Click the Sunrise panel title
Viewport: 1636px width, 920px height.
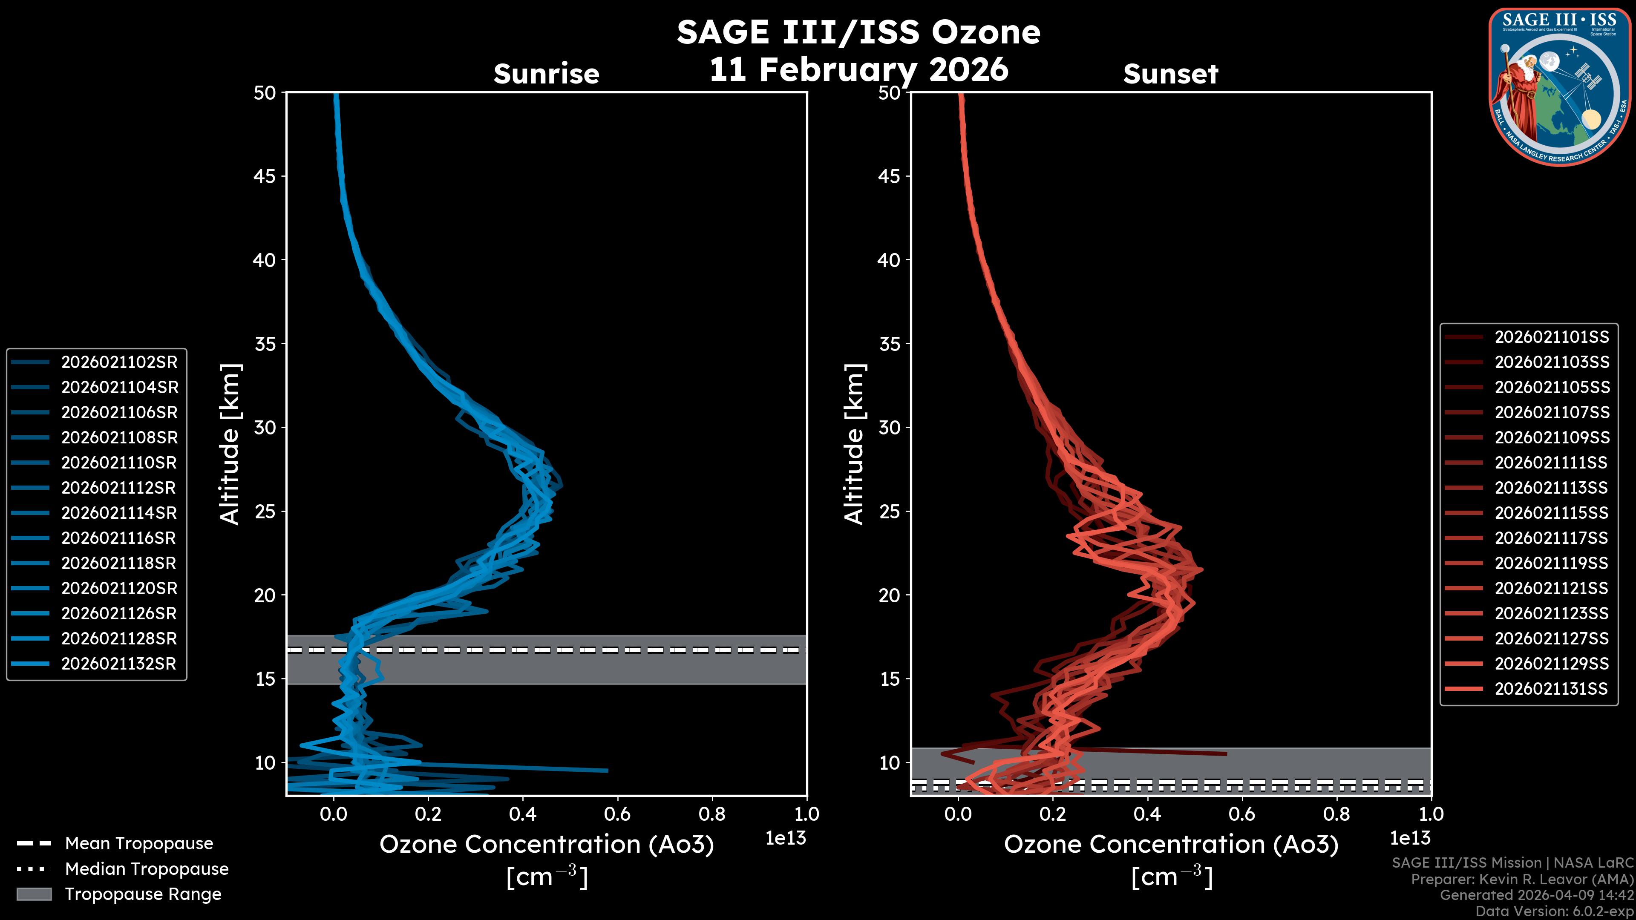pyautogui.click(x=546, y=74)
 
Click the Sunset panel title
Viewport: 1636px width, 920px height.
pyautogui.click(x=1170, y=74)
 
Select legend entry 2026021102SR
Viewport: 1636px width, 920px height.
pyautogui.click(x=119, y=362)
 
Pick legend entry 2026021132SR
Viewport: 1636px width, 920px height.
pyautogui.click(x=119, y=664)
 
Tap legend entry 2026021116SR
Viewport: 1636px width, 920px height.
pyautogui.click(x=119, y=538)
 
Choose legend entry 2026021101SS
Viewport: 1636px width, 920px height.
pyautogui.click(x=1552, y=337)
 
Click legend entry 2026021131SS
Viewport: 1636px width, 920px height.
pyautogui.click(x=1552, y=689)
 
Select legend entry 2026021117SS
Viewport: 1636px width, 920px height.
pyautogui.click(x=1552, y=538)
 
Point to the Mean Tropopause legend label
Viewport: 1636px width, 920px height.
pyautogui.click(x=139, y=843)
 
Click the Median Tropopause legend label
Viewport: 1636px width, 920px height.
pyautogui.click(x=147, y=868)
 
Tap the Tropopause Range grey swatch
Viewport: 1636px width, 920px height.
pyautogui.click(x=34, y=894)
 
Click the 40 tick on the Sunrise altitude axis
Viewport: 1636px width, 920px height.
pyautogui.click(x=264, y=260)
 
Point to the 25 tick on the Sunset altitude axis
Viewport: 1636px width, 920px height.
pyautogui.click(x=889, y=511)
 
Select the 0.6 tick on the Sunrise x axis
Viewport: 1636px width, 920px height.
pyautogui.click(x=617, y=814)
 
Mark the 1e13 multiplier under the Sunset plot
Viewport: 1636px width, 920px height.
pyautogui.click(x=1410, y=838)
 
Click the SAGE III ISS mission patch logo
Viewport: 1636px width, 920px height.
pyautogui.click(x=1559, y=86)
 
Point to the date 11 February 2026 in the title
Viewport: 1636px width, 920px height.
pyautogui.click(x=858, y=69)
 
